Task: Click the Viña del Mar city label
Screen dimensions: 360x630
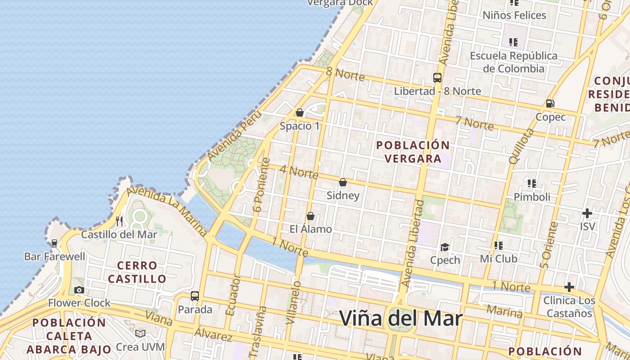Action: point(400,319)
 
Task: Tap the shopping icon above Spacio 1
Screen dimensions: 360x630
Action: point(300,112)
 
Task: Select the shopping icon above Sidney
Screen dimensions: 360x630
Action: point(343,182)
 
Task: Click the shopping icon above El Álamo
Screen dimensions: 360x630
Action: point(310,216)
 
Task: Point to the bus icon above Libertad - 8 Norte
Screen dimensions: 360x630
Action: point(437,77)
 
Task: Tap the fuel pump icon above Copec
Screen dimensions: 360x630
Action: point(550,103)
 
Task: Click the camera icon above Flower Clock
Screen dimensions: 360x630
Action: point(79,290)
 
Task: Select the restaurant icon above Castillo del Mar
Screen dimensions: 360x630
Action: point(119,221)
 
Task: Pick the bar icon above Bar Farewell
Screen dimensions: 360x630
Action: point(54,243)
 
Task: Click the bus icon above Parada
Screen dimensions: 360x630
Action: point(195,296)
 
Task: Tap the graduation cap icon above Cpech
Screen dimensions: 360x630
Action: point(445,247)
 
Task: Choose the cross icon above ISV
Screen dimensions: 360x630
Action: point(587,213)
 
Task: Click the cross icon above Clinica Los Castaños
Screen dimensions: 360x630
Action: point(569,287)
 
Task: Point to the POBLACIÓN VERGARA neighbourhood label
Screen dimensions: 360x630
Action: point(413,152)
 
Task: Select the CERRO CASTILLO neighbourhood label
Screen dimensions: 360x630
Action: point(137,272)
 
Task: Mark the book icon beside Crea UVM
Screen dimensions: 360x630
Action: point(140,333)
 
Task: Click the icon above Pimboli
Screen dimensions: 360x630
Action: point(532,183)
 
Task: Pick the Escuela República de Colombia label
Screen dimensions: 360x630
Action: point(513,62)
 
